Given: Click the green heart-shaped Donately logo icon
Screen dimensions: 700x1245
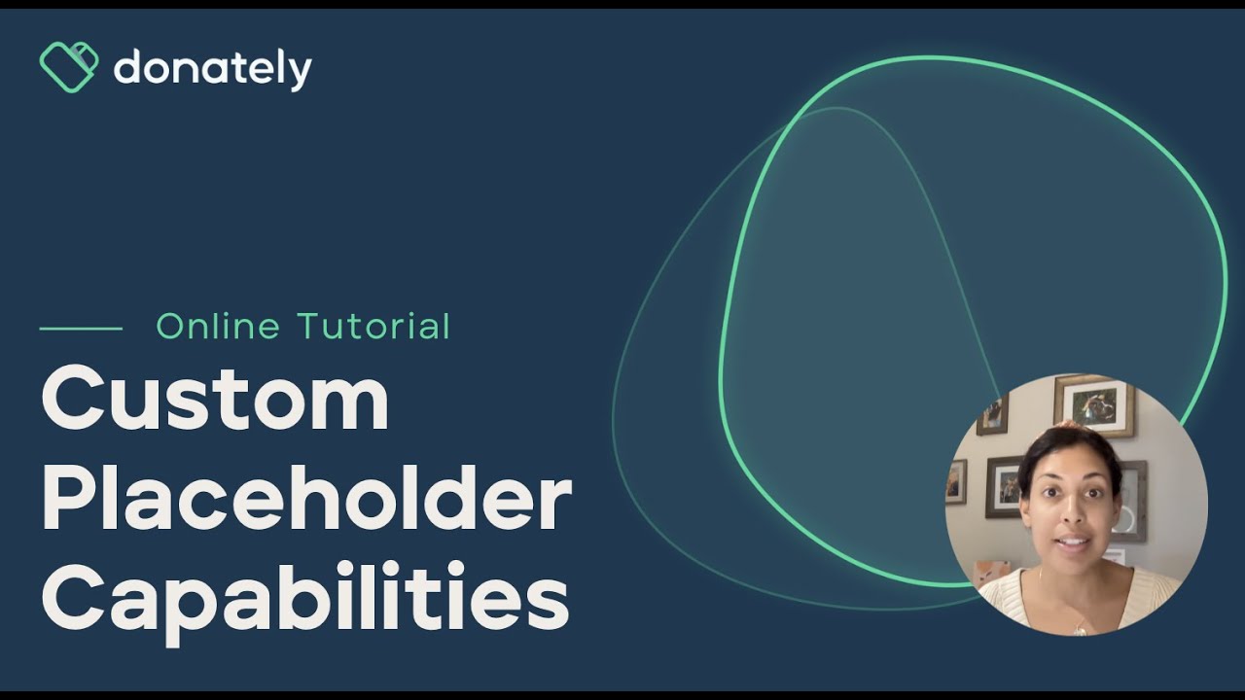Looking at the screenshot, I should pos(68,67).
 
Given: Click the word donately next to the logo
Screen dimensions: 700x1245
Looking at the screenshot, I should pos(212,69).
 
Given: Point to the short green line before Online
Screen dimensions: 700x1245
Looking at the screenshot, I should pos(81,329).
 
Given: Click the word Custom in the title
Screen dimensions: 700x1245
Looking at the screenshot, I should pos(215,401).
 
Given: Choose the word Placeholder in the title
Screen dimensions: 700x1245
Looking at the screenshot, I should pos(306,500).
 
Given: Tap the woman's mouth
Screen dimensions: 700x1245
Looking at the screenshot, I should pos(1070,541).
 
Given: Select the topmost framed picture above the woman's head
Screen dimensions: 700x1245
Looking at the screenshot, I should pos(1094,402).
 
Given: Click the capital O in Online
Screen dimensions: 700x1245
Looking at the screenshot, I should pos(171,327).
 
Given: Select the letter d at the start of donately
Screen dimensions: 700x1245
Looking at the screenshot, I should pos(127,68).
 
